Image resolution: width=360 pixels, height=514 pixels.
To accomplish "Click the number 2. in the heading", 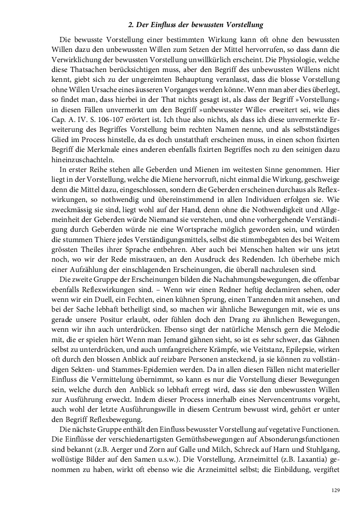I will (x=131, y=24).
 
